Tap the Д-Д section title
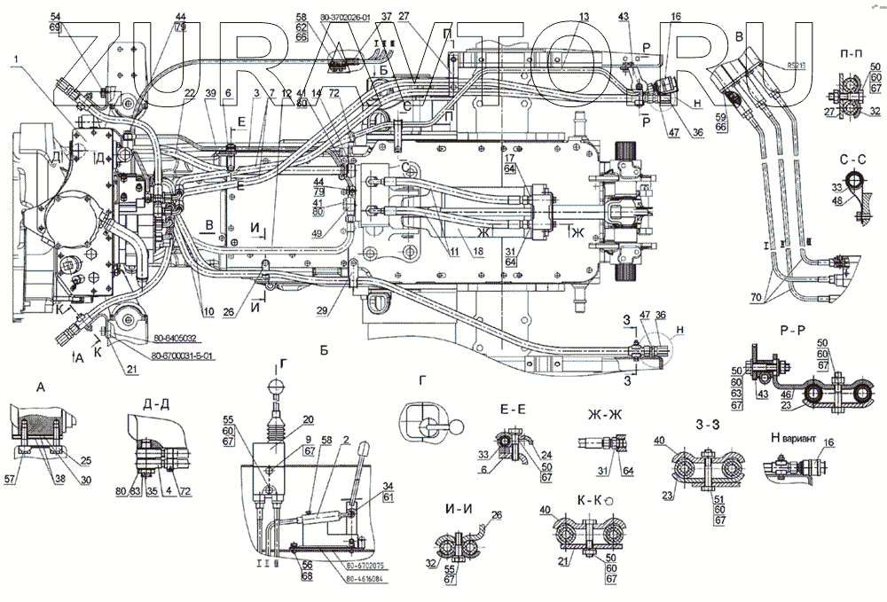pyautogui.click(x=156, y=405)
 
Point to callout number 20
pyautogui.click(x=307, y=420)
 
